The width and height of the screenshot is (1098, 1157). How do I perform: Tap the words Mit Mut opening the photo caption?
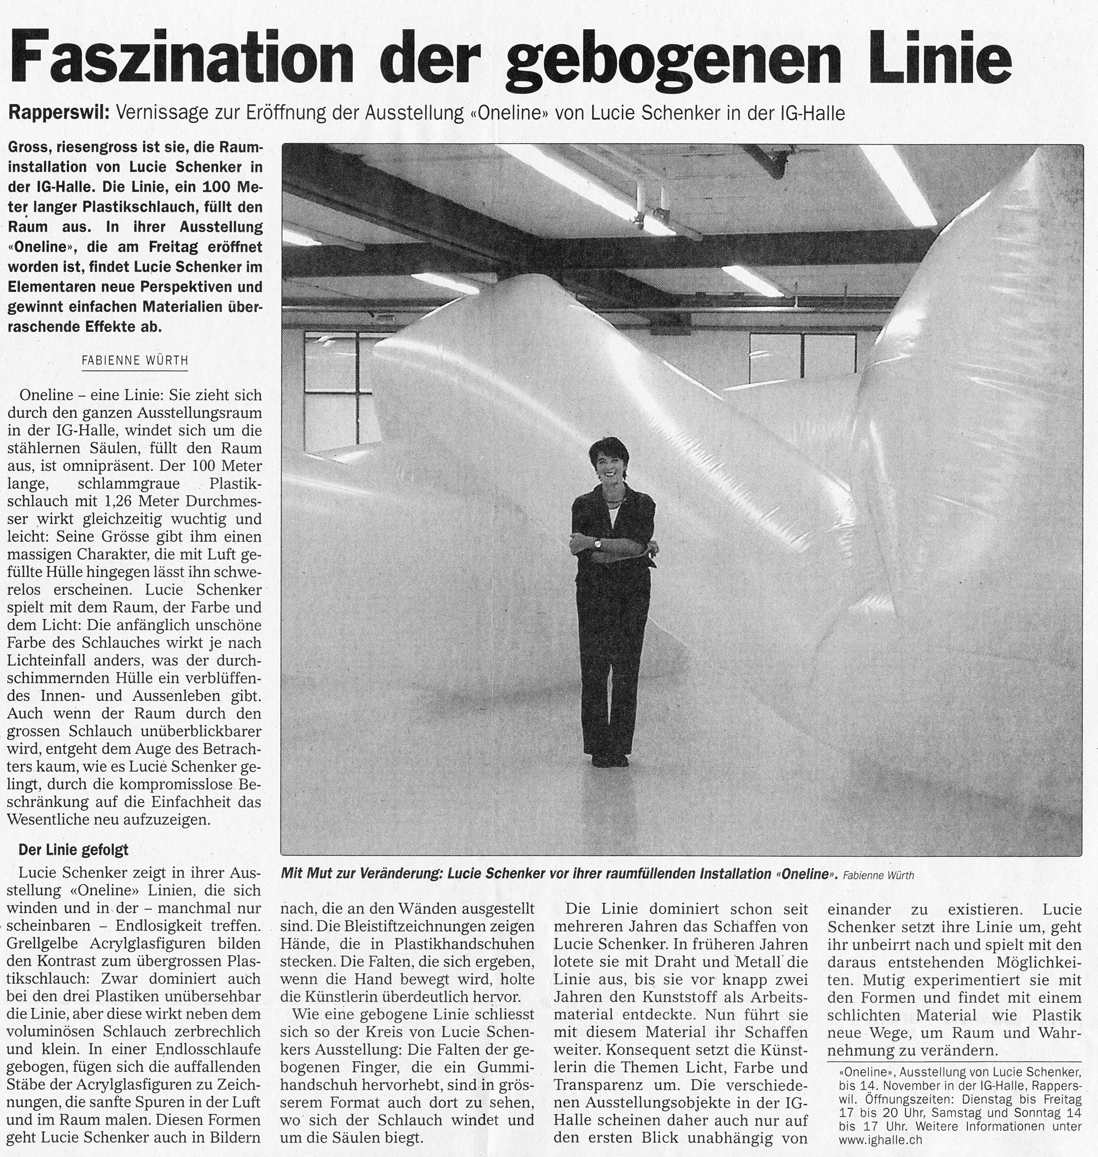[x=307, y=875]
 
